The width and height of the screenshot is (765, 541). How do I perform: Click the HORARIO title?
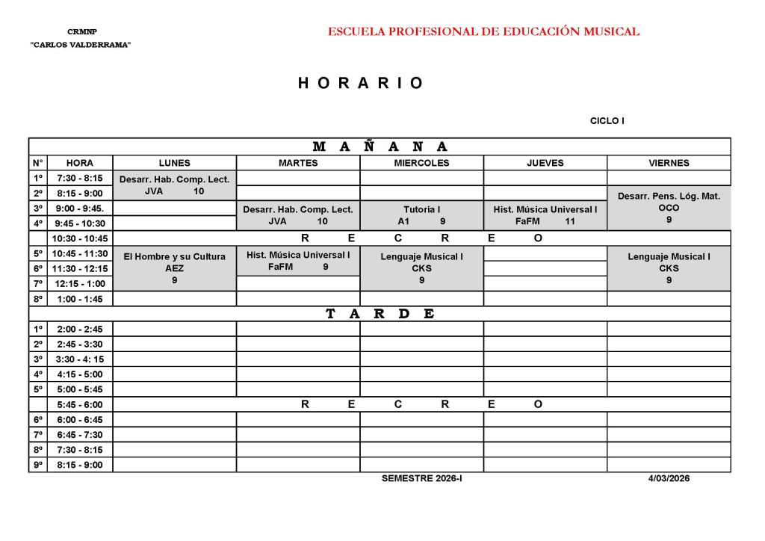361,83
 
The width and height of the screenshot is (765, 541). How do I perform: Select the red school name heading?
483,31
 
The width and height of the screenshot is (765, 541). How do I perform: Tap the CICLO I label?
607,120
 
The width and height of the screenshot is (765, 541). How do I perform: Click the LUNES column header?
175,163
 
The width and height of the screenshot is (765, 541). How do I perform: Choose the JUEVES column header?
545,163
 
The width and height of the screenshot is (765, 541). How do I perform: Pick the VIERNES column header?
669,163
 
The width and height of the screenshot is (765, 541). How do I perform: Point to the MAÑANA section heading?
380,146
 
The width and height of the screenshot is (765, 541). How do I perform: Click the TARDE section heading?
380,314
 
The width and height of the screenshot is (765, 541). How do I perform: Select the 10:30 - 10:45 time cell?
80,238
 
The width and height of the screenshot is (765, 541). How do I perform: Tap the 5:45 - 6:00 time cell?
80,404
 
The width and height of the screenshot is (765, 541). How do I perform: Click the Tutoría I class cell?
421,215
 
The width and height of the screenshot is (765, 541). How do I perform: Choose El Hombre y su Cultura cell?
175,268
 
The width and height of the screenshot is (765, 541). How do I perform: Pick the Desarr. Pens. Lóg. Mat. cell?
669,208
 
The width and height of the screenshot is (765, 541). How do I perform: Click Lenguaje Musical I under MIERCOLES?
421,268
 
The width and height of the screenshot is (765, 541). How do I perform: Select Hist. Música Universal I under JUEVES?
545,215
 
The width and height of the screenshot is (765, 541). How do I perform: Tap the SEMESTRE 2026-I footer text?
421,478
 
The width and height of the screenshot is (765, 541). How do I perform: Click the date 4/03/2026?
669,478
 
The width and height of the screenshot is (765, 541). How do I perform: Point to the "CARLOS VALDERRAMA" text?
81,46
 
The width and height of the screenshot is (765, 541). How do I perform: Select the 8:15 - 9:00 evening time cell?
80,465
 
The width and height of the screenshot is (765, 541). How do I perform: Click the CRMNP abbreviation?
82,32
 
